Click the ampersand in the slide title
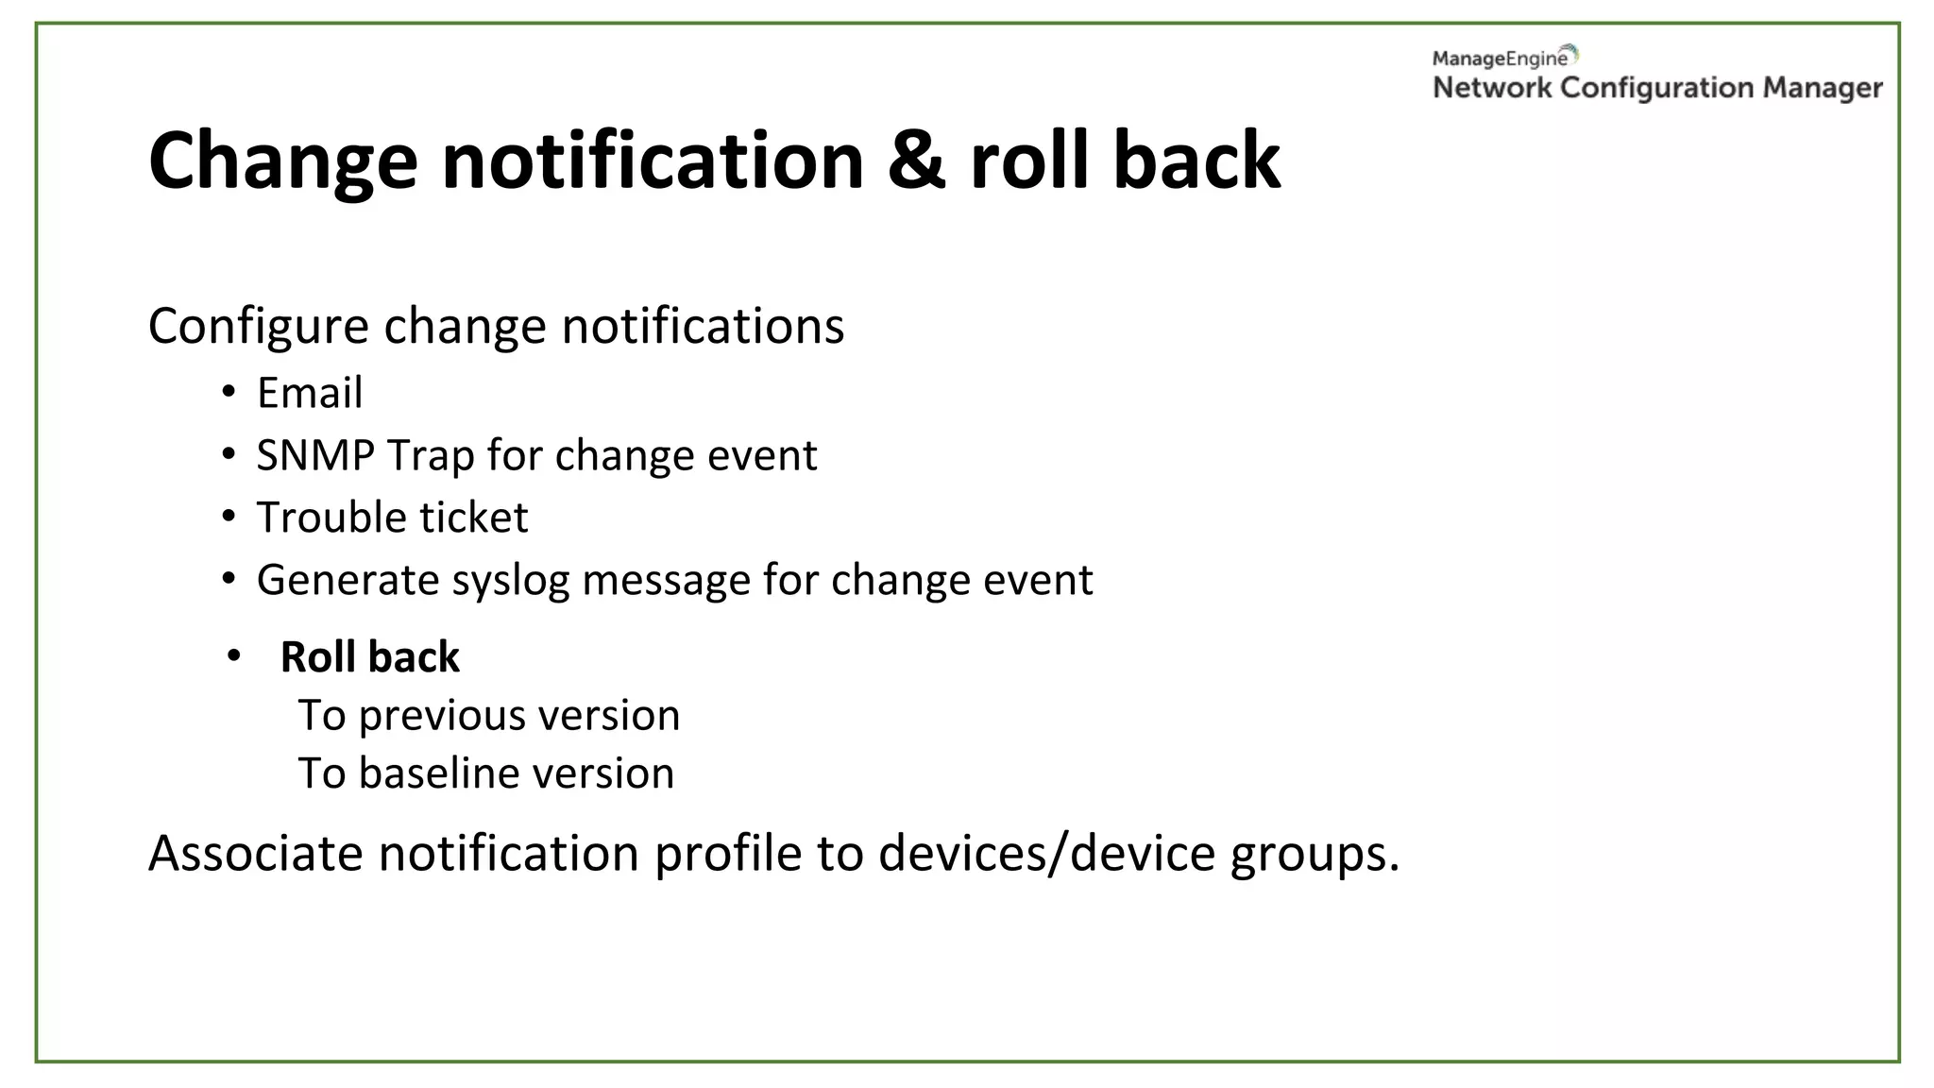click(915, 161)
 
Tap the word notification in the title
click(653, 161)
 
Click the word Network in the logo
click(1492, 88)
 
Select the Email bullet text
click(309, 393)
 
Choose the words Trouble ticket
click(392, 518)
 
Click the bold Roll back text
click(369, 657)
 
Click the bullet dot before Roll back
click(234, 655)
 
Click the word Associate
click(255, 853)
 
